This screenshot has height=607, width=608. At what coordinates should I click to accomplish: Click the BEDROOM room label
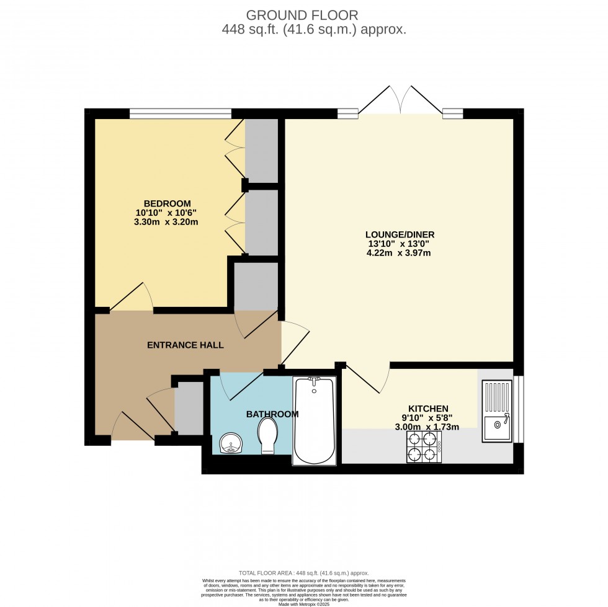click(x=167, y=203)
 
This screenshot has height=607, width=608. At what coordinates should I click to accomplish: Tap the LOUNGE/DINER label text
click(x=400, y=234)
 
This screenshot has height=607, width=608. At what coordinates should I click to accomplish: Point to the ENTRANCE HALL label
click(x=185, y=345)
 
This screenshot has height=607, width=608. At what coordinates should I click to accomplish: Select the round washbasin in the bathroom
click(x=231, y=443)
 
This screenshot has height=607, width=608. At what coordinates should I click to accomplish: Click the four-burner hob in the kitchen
click(x=423, y=446)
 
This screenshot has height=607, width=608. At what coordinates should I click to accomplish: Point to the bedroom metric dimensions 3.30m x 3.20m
click(x=166, y=222)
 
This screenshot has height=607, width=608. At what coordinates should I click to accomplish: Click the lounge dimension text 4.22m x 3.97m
click(x=399, y=253)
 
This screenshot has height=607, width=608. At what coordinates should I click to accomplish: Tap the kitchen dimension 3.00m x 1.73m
click(x=427, y=427)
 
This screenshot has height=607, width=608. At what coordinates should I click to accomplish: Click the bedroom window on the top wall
click(x=181, y=113)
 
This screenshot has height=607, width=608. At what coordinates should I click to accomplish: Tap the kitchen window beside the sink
click(x=519, y=409)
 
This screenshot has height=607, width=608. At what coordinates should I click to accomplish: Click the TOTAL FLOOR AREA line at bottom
click(x=304, y=573)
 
